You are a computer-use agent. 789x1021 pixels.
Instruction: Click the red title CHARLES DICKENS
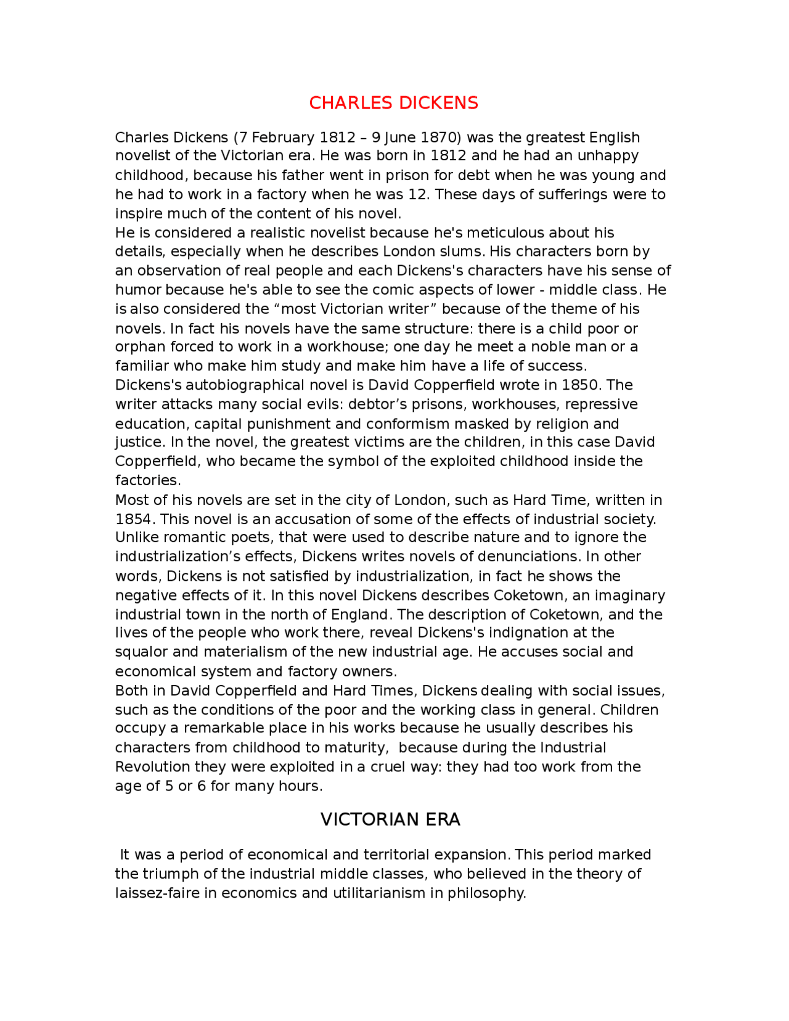(393, 103)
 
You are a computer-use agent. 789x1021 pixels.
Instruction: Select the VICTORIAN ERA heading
(390, 819)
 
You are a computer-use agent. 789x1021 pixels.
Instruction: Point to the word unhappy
(608, 155)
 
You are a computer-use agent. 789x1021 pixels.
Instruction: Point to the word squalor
(142, 652)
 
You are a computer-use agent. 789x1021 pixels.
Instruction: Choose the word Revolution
(153, 767)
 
